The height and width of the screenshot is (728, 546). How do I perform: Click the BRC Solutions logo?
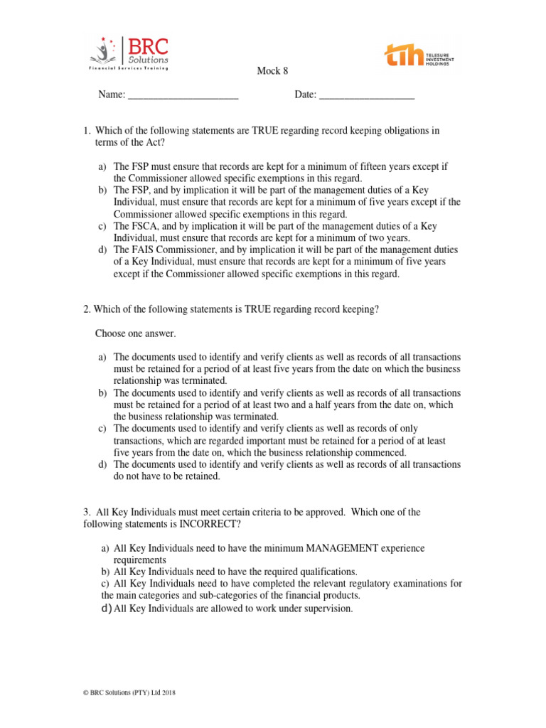(x=129, y=54)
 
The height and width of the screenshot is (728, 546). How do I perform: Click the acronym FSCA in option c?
(x=144, y=226)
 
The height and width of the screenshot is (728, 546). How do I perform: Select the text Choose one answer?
(x=135, y=333)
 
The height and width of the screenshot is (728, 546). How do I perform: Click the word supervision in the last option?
(x=326, y=609)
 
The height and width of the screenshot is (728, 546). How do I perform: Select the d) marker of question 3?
(x=107, y=609)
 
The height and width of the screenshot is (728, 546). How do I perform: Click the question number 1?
(x=87, y=130)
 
